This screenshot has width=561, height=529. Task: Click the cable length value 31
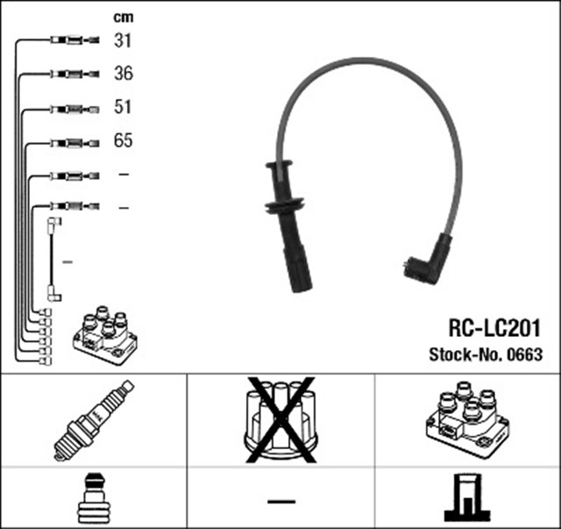[123, 40]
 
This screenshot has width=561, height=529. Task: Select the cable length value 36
[124, 74]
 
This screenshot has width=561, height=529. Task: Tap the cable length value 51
[123, 107]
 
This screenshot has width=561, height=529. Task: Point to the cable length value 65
[124, 140]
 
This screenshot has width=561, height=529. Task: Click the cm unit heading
[124, 18]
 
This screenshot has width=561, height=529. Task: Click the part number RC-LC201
[494, 328]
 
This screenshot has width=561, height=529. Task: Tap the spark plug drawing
[94, 420]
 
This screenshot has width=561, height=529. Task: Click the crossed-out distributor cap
[280, 419]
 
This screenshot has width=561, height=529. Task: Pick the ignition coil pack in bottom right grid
[467, 418]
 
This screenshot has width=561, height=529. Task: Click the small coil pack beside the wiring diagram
[105, 335]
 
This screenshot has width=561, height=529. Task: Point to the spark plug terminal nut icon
[94, 498]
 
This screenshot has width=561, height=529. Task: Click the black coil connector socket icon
[467, 497]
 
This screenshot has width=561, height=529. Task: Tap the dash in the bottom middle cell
[281, 502]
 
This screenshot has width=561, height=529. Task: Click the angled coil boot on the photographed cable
[428, 259]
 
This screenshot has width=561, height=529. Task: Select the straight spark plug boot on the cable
[288, 225]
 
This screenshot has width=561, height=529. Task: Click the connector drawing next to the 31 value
[75, 39]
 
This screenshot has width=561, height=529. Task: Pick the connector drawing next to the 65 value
[75, 143]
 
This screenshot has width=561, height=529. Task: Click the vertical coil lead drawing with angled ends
[54, 259]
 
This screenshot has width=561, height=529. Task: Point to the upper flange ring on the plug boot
[279, 165]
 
